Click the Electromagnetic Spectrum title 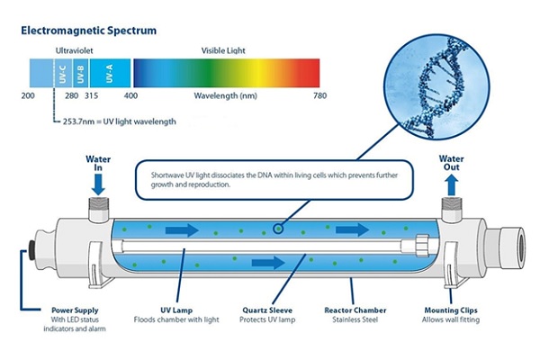tap(87, 30)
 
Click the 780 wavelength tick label tap(319, 95)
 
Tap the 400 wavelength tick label tap(131, 95)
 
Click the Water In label tap(98, 164)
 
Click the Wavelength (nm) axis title tap(224, 95)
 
